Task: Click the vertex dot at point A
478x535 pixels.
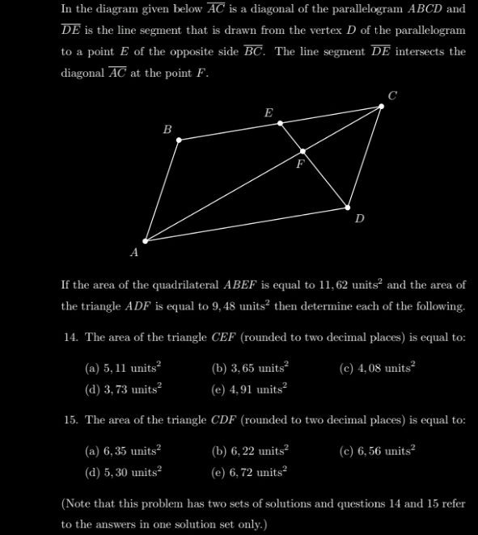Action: pyautogui.click(x=146, y=241)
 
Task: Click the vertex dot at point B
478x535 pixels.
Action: pyautogui.click(x=179, y=140)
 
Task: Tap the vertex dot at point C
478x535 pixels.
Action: pyautogui.click(x=382, y=106)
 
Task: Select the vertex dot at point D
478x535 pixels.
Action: pyautogui.click(x=349, y=207)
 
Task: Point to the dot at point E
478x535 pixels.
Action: pyautogui.click(x=281, y=123)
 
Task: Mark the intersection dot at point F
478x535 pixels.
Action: pyautogui.click(x=303, y=151)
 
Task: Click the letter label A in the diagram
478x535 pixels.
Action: pyautogui.click(x=134, y=253)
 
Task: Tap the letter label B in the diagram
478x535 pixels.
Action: pyautogui.click(x=167, y=129)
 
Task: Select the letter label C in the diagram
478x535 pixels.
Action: pyautogui.click(x=392, y=95)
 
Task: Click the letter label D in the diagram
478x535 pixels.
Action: pyautogui.click(x=360, y=218)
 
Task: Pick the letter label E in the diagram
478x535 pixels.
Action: pyautogui.click(x=269, y=112)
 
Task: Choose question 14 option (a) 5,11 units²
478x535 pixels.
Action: pyautogui.click(x=123, y=368)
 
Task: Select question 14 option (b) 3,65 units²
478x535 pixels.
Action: pyautogui.click(x=250, y=368)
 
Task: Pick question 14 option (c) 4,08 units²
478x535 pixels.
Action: pyautogui.click(x=377, y=368)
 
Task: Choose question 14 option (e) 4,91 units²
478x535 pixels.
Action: pyautogui.click(x=250, y=389)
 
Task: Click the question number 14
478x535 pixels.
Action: pyautogui.click(x=70, y=337)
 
